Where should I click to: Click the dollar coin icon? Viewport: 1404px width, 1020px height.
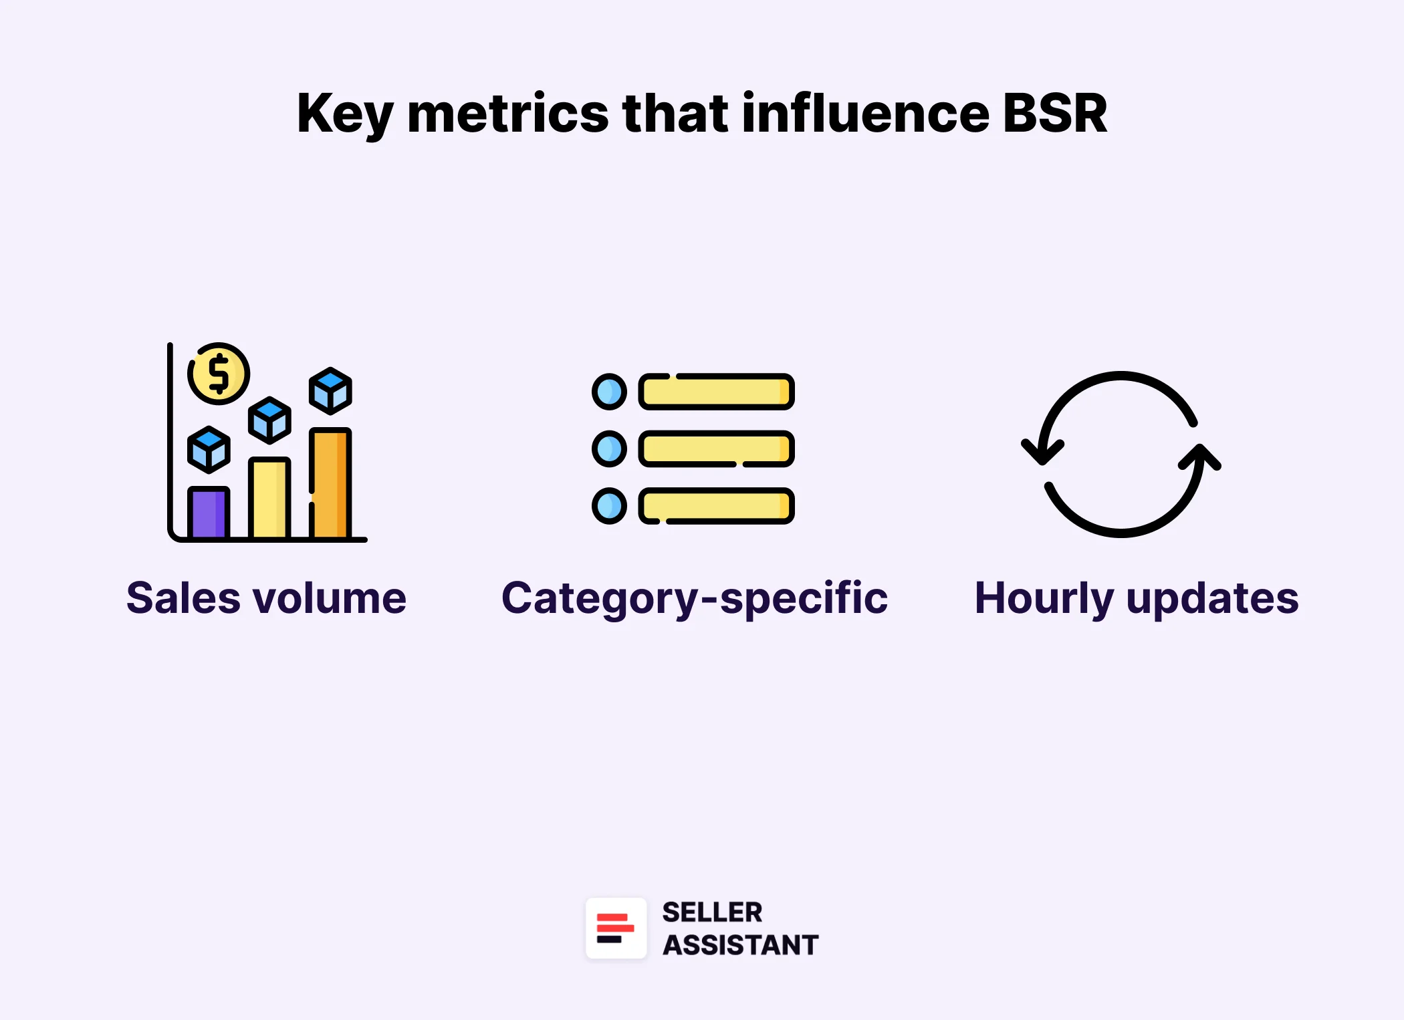(219, 374)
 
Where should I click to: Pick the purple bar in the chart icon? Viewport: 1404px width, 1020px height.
(209, 513)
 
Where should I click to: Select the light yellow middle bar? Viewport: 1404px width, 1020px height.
(269, 498)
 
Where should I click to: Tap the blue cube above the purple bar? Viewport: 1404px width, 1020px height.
(209, 449)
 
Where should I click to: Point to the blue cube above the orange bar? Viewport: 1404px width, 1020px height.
(330, 390)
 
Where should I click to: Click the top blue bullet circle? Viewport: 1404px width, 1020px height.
(609, 392)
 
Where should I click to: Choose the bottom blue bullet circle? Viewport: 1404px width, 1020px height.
(609, 506)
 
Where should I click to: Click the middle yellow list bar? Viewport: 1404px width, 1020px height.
(716, 449)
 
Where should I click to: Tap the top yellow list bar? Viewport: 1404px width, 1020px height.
(716, 392)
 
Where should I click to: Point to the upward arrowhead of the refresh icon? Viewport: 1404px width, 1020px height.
(1200, 457)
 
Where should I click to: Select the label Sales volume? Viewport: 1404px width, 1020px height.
(266, 598)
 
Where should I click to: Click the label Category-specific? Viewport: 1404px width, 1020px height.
(695, 598)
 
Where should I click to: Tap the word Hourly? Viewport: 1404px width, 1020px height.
(1044, 598)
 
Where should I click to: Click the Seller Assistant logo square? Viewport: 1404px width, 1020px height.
(616, 928)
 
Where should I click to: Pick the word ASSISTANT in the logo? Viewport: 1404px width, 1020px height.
(740, 945)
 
